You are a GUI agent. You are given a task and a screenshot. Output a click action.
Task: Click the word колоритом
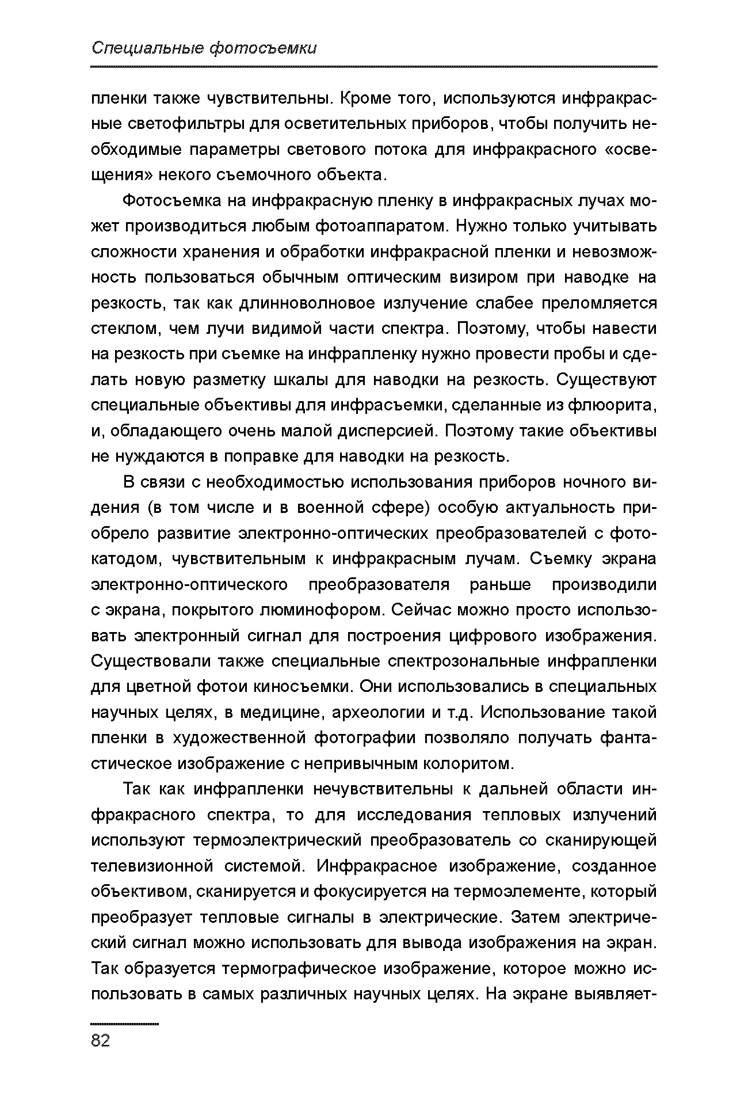467,764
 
